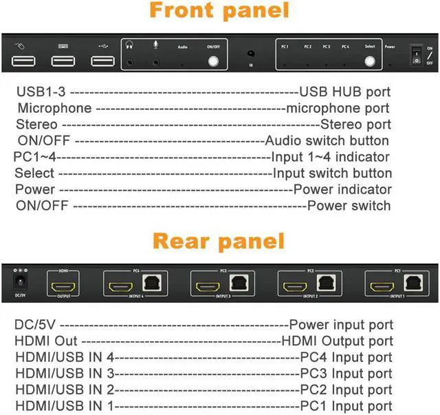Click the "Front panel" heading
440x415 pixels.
point(219,12)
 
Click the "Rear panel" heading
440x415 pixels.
point(219,241)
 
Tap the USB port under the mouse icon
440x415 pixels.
point(22,61)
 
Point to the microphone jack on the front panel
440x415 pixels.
point(156,61)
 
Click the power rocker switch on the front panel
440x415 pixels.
point(415,56)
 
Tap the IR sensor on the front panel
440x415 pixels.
point(251,54)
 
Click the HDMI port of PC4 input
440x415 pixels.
point(118,284)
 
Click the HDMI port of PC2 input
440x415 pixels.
point(292,284)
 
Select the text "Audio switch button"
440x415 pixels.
point(329,140)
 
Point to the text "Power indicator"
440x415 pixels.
point(342,189)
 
